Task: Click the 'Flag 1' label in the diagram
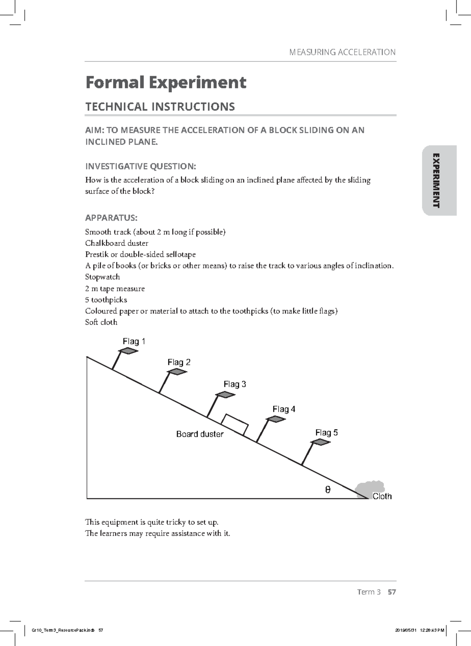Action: [134, 341]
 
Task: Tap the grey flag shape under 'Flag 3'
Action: [225, 395]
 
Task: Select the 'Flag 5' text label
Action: [326, 432]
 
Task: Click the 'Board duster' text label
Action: [200, 434]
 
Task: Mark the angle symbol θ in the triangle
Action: [328, 490]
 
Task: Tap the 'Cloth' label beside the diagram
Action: [382, 496]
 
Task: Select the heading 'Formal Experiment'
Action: [166, 82]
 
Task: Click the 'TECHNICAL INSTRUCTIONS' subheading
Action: [160, 106]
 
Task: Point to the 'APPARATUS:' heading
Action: [111, 218]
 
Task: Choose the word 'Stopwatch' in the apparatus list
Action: [102, 277]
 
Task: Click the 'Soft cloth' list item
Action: [101, 322]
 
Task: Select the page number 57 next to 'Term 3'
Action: [391, 592]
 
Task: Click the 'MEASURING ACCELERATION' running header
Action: [342, 52]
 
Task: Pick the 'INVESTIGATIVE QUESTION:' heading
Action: [141, 167]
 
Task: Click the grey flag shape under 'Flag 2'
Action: [177, 371]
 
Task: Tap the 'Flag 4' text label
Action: [284, 409]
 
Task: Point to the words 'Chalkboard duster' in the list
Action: [117, 243]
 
